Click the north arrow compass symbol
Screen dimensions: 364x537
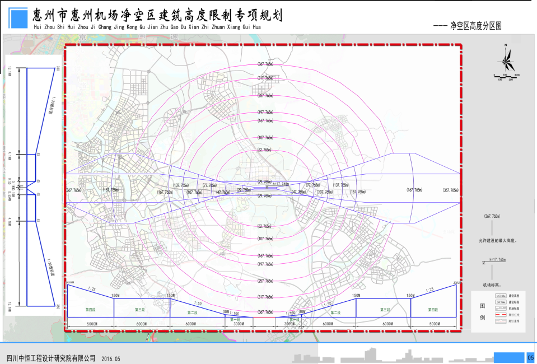(x=506, y=58)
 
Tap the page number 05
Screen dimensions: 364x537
(x=530, y=357)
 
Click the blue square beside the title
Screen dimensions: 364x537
(x=19, y=19)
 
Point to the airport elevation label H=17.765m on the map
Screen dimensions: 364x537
(x=278, y=184)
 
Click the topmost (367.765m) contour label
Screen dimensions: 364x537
(x=265, y=64)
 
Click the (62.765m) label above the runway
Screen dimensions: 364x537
(x=264, y=150)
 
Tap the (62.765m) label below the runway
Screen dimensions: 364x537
(x=264, y=226)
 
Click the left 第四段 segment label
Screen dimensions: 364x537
(x=90, y=309)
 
